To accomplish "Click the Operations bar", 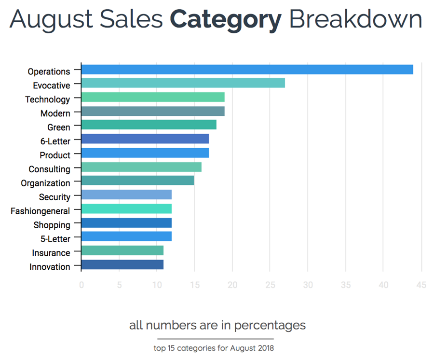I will [x=247, y=69].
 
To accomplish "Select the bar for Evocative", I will [x=183, y=83].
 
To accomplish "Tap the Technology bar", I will [x=153, y=97].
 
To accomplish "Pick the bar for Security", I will [x=126, y=195].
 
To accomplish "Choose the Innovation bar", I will [x=122, y=264].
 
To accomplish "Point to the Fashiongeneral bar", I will [x=126, y=209].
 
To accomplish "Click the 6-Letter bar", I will [x=145, y=139].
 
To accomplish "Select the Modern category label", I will [x=55, y=113].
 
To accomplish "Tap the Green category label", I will [x=58, y=127].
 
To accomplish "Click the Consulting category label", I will [x=49, y=169].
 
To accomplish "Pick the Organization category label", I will [x=45, y=183].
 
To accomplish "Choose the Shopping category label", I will [x=52, y=225].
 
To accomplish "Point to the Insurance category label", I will [x=51, y=253].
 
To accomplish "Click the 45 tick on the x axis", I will [x=421, y=285].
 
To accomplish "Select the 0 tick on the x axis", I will [x=81, y=285].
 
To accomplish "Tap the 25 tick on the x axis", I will [x=270, y=285].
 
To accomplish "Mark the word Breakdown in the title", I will [x=356, y=19].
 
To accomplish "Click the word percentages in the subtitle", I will [x=271, y=325].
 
